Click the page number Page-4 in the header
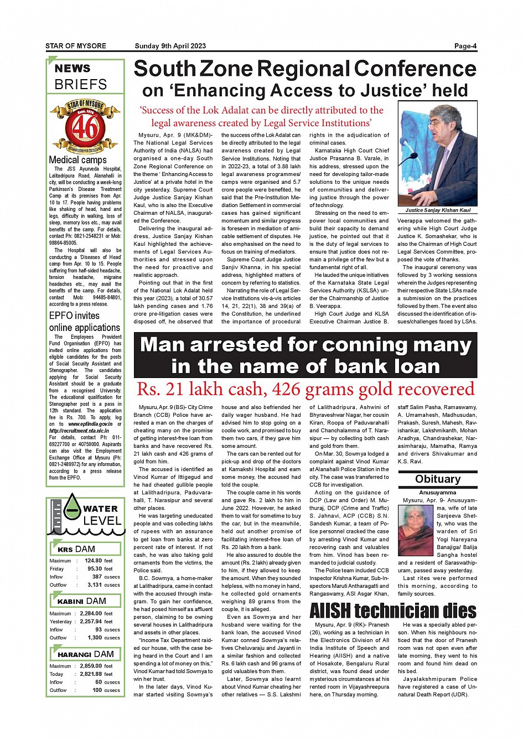(465, 46)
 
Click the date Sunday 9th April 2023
(170, 46)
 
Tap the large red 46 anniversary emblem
(85, 127)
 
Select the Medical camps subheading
(77, 160)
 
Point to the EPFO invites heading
(74, 315)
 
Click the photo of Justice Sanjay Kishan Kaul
(437, 153)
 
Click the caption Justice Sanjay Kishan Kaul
(437, 210)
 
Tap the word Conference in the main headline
(415, 69)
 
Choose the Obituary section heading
(437, 479)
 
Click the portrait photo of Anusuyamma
(416, 526)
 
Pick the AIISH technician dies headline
(393, 611)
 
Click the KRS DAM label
(76, 549)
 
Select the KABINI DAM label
(81, 601)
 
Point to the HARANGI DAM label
(85, 654)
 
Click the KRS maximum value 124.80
(93, 561)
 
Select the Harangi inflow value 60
(98, 682)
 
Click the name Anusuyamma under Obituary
(437, 493)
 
